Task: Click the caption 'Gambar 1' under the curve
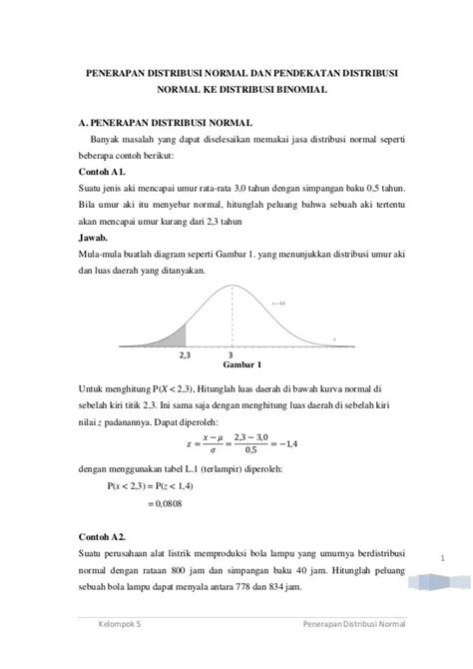(231, 366)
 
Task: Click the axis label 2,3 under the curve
(185, 354)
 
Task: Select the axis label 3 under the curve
(232, 354)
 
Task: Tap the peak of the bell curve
(232, 291)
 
